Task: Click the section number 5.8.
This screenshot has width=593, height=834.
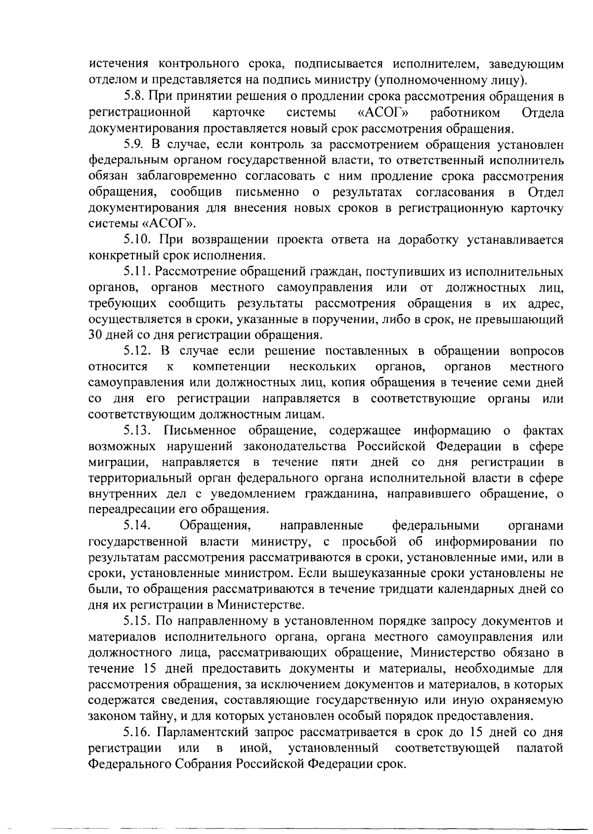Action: pos(132,97)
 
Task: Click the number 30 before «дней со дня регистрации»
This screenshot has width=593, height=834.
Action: pos(94,335)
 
